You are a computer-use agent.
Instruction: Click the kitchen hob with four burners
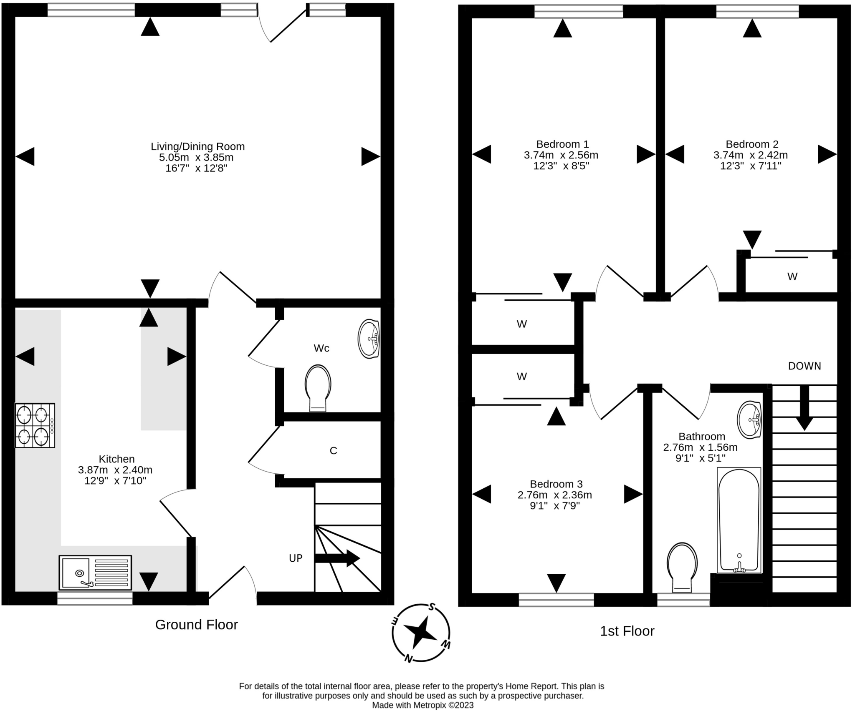pos(35,425)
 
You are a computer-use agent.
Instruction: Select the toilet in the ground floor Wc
pos(318,388)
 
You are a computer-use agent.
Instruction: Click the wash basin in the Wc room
pos(369,339)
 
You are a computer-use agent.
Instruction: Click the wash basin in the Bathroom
pos(749,420)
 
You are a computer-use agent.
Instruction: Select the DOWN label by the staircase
pos(804,366)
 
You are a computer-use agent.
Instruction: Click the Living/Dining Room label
pos(197,147)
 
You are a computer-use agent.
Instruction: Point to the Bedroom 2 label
pos(752,144)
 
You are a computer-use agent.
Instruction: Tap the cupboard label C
pos(333,451)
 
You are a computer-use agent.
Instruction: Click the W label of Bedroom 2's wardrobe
pos(792,276)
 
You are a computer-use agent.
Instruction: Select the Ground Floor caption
pos(197,625)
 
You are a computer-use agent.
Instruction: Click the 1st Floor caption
pos(627,631)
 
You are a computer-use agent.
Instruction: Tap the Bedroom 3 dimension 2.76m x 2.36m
pos(555,495)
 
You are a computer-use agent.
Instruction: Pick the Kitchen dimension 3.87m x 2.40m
pos(115,470)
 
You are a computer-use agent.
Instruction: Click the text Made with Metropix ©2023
pos(423,705)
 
